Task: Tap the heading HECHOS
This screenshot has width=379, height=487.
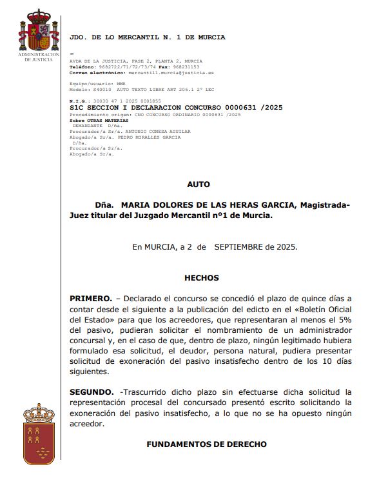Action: pos(202,278)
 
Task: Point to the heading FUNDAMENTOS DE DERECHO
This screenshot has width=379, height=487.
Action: pos(206,444)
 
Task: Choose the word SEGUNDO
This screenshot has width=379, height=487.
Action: pos(91,392)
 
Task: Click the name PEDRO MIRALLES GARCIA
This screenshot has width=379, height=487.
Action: pos(153,137)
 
